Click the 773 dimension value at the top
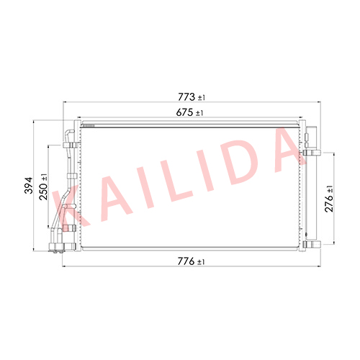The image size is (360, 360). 186,97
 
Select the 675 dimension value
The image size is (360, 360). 184,112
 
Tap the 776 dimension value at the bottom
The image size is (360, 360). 186,261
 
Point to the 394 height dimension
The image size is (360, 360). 29,185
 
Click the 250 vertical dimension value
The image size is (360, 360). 44,192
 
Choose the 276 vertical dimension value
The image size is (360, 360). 329,204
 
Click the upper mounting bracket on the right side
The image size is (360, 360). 312,153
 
